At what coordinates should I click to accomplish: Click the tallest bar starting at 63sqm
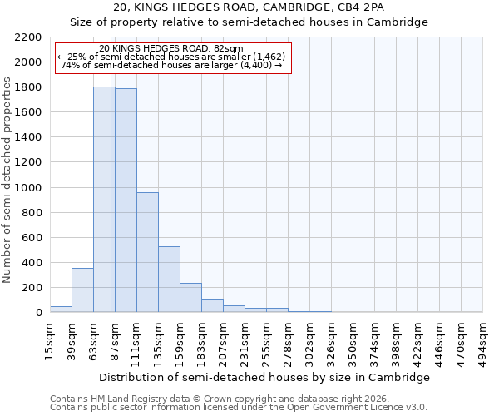[104, 200]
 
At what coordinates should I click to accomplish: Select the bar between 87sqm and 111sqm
[126, 201]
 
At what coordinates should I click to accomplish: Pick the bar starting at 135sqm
[169, 280]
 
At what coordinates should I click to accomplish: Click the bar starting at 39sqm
[82, 290]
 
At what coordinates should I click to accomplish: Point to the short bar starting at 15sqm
[61, 309]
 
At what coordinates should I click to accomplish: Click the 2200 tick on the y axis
[28, 37]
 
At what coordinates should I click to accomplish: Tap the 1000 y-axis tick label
[28, 188]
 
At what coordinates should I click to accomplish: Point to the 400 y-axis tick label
[32, 263]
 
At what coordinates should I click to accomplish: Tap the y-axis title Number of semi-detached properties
[8, 180]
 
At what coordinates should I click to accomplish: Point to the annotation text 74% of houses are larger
[171, 65]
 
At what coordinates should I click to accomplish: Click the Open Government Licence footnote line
[239, 407]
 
